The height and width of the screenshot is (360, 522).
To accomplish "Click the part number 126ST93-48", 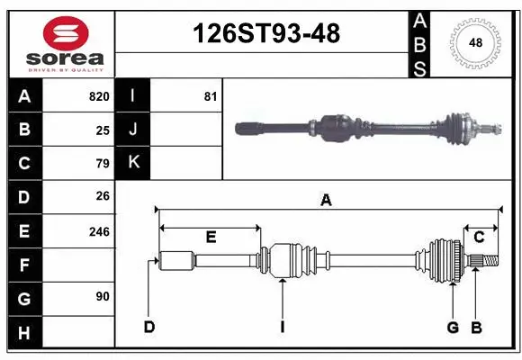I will point(267,33).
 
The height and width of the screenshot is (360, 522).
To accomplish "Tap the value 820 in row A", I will point(98,96).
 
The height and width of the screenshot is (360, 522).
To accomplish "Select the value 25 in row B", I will point(102,130).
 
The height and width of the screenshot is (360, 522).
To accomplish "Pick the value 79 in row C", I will point(102,164).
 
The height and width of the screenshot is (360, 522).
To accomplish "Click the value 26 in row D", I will point(102,196).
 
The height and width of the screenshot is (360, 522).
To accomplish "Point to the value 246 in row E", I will point(98,231).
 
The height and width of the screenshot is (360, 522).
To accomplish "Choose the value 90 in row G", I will point(102,296).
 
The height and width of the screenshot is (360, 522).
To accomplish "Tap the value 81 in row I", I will point(210,96).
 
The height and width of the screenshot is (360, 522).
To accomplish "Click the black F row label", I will point(24,265).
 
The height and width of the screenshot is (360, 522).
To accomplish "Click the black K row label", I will point(133,163).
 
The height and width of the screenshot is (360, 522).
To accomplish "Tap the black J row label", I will point(133,130).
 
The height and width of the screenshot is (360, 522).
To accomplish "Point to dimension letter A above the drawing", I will point(326,201).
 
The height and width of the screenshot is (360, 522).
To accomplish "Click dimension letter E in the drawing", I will point(211,238).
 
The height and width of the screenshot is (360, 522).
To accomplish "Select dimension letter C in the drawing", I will point(480,237).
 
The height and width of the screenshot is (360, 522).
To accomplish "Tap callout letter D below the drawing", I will point(149,326).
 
